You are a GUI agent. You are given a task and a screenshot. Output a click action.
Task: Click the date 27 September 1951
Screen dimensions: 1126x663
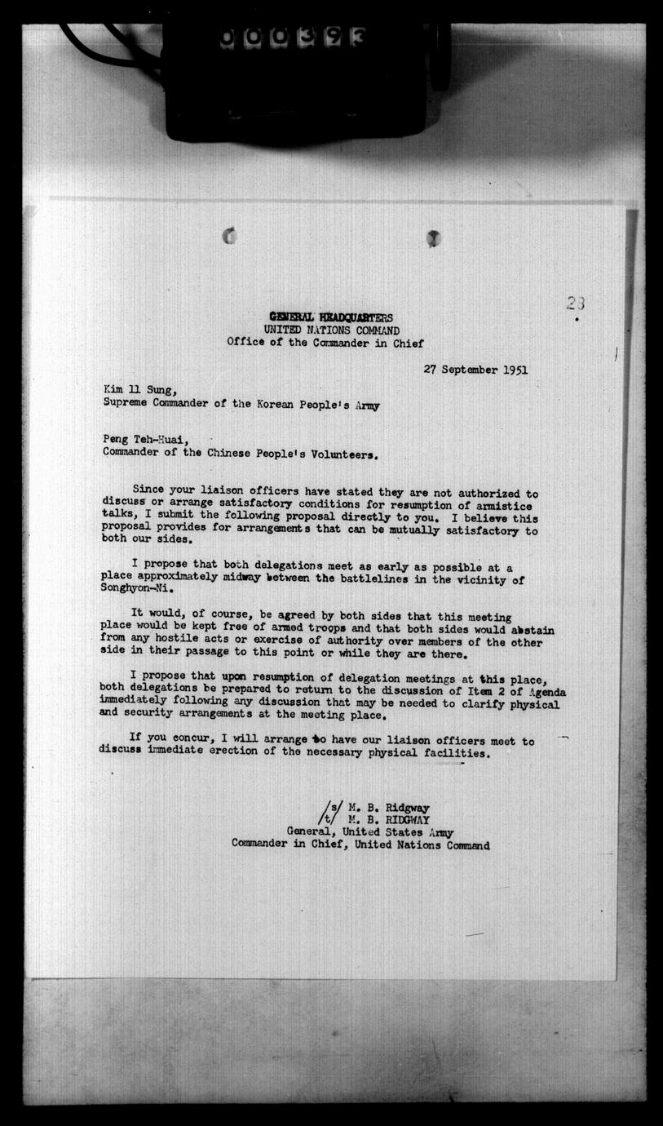(x=475, y=369)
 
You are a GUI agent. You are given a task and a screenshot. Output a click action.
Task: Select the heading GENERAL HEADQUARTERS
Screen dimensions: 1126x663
(x=331, y=317)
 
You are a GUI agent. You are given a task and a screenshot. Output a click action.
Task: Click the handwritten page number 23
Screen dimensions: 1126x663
(x=576, y=304)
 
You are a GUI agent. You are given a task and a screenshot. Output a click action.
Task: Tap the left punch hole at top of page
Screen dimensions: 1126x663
(x=230, y=237)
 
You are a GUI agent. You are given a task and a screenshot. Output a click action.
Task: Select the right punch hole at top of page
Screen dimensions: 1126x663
(x=433, y=238)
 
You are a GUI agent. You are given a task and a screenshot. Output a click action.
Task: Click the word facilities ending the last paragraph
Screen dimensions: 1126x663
(x=457, y=754)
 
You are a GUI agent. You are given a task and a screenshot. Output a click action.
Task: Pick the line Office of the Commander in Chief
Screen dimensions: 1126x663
(x=325, y=344)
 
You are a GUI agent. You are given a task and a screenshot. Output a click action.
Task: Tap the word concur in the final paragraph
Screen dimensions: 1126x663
(x=171, y=741)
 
